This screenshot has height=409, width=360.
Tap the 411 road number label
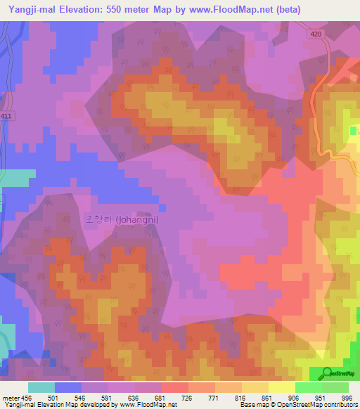tap(6, 116)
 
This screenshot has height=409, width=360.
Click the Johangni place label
tap(122, 219)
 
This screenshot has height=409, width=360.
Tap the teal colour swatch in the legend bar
tap(41, 387)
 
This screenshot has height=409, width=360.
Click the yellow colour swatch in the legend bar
tap(282, 387)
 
